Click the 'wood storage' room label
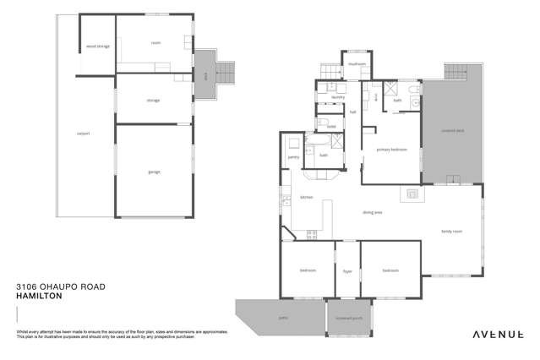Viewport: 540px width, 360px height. click(x=98, y=46)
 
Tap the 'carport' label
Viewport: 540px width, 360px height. click(x=83, y=133)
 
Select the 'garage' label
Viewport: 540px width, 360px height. click(x=154, y=172)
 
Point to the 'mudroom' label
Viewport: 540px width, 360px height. click(x=357, y=64)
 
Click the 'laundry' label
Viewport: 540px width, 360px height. click(x=326, y=97)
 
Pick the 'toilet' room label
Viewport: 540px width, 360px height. click(x=332, y=127)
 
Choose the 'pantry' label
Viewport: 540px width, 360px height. click(x=293, y=157)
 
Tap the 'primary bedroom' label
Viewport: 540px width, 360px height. click(x=391, y=150)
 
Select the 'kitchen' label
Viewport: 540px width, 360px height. click(x=306, y=197)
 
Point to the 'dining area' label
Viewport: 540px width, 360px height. click(x=373, y=212)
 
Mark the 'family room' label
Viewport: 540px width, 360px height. click(x=451, y=231)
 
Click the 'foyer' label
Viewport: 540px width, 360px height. click(x=347, y=271)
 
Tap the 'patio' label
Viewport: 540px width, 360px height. click(x=281, y=318)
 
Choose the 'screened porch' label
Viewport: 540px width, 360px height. click(x=349, y=318)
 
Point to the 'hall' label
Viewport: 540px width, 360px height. click(x=353, y=112)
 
